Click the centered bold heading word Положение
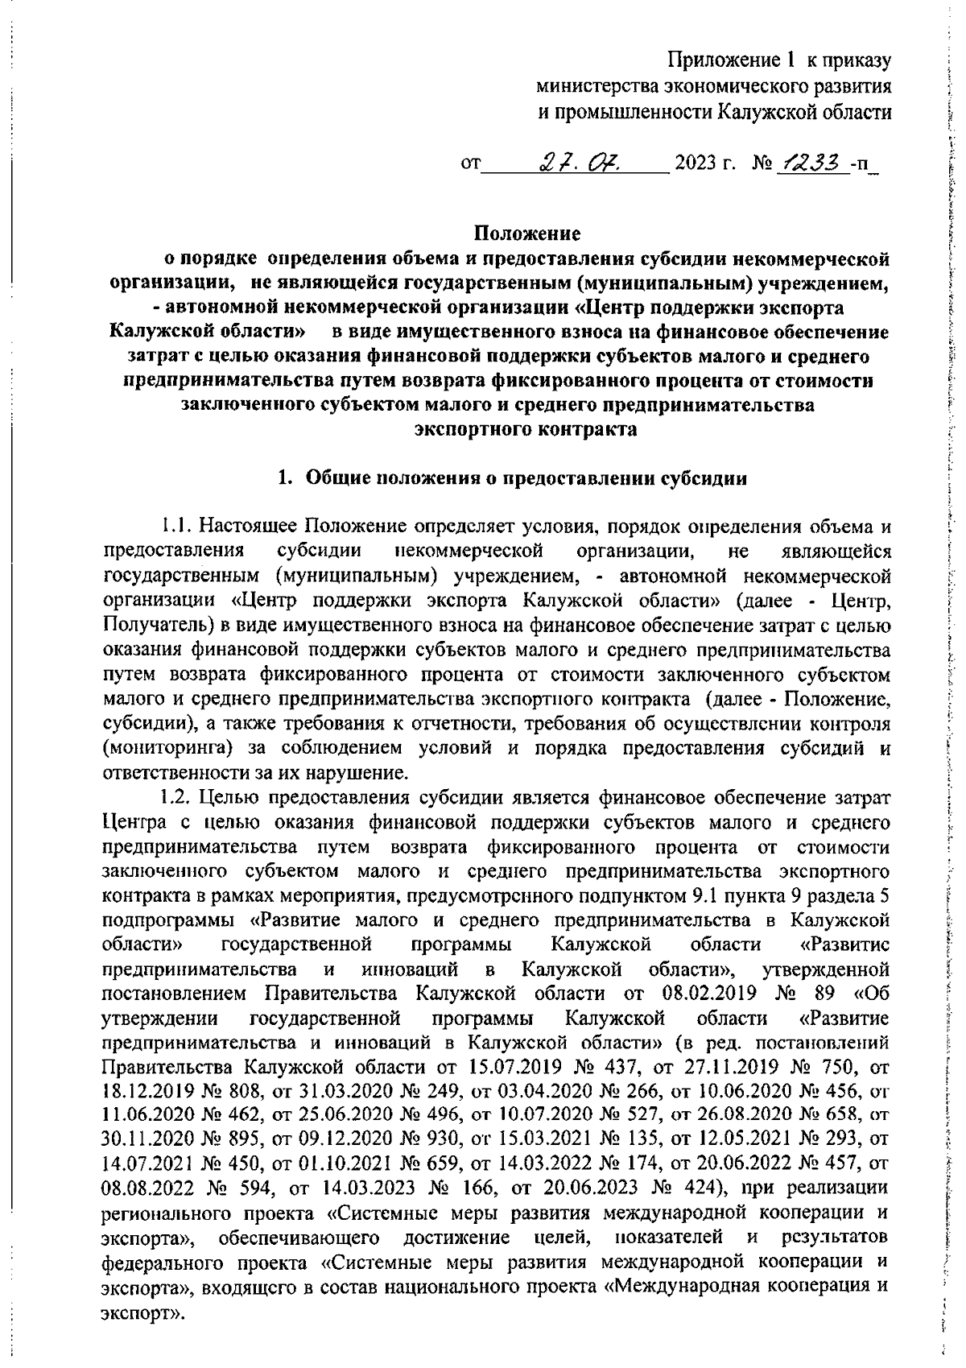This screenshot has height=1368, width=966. pos(526,234)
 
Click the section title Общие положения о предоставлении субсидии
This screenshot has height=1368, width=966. pos(525,478)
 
